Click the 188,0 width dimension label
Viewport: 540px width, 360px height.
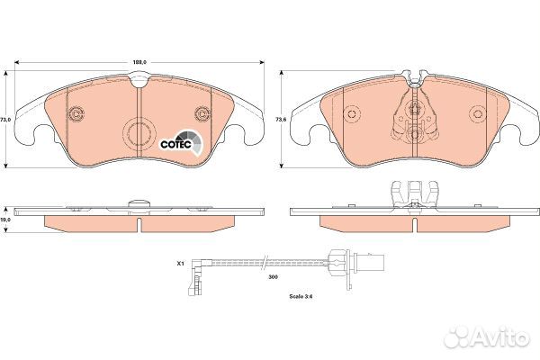point(140,62)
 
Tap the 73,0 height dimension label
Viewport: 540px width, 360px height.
point(5,120)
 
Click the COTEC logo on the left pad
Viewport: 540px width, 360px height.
point(181,142)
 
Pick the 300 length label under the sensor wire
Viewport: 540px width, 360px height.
point(273,276)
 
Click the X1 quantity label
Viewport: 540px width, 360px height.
point(181,264)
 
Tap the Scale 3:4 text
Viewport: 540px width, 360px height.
point(301,296)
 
